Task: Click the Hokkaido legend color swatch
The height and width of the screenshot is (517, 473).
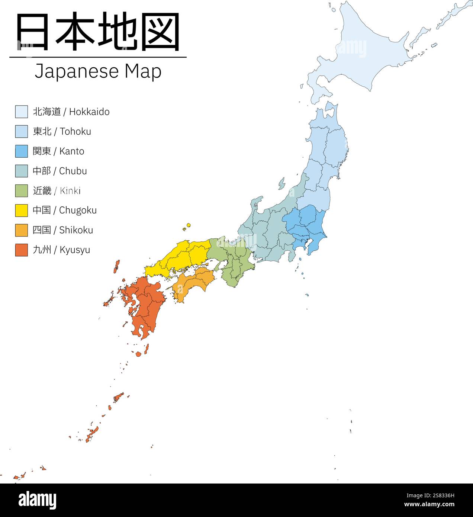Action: tap(21, 112)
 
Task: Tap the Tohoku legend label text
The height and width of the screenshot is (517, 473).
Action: tap(62, 131)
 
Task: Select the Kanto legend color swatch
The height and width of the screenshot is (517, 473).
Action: tap(21, 151)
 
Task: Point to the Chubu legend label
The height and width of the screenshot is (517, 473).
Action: tap(59, 171)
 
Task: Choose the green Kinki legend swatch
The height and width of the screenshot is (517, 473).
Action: tap(21, 190)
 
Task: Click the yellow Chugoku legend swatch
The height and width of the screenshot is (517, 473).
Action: tap(21, 210)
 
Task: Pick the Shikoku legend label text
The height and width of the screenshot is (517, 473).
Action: tap(62, 230)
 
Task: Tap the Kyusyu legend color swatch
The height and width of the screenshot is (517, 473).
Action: tap(21, 250)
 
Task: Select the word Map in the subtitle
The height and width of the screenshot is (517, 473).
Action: tap(143, 71)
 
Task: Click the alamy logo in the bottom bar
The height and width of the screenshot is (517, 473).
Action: tap(37, 500)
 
